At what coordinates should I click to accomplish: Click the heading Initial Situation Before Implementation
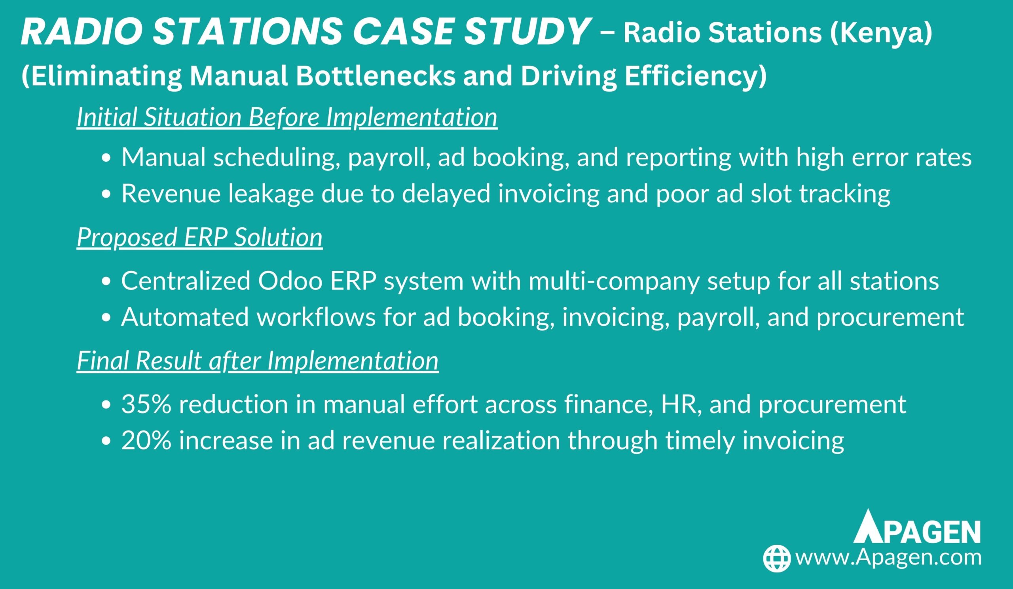pyautogui.click(x=287, y=117)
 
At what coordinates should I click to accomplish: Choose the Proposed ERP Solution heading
pyautogui.click(x=200, y=237)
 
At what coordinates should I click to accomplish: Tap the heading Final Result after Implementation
pyautogui.click(x=258, y=360)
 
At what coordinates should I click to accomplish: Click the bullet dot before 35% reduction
pyautogui.click(x=106, y=405)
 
